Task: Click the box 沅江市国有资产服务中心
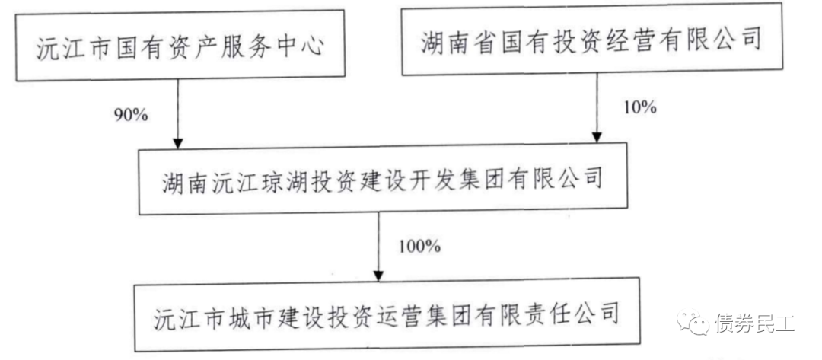click(x=180, y=49)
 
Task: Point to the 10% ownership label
click(x=639, y=107)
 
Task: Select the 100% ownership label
click(x=419, y=246)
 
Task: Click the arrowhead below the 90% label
click(x=177, y=142)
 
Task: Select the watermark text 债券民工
click(x=754, y=325)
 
